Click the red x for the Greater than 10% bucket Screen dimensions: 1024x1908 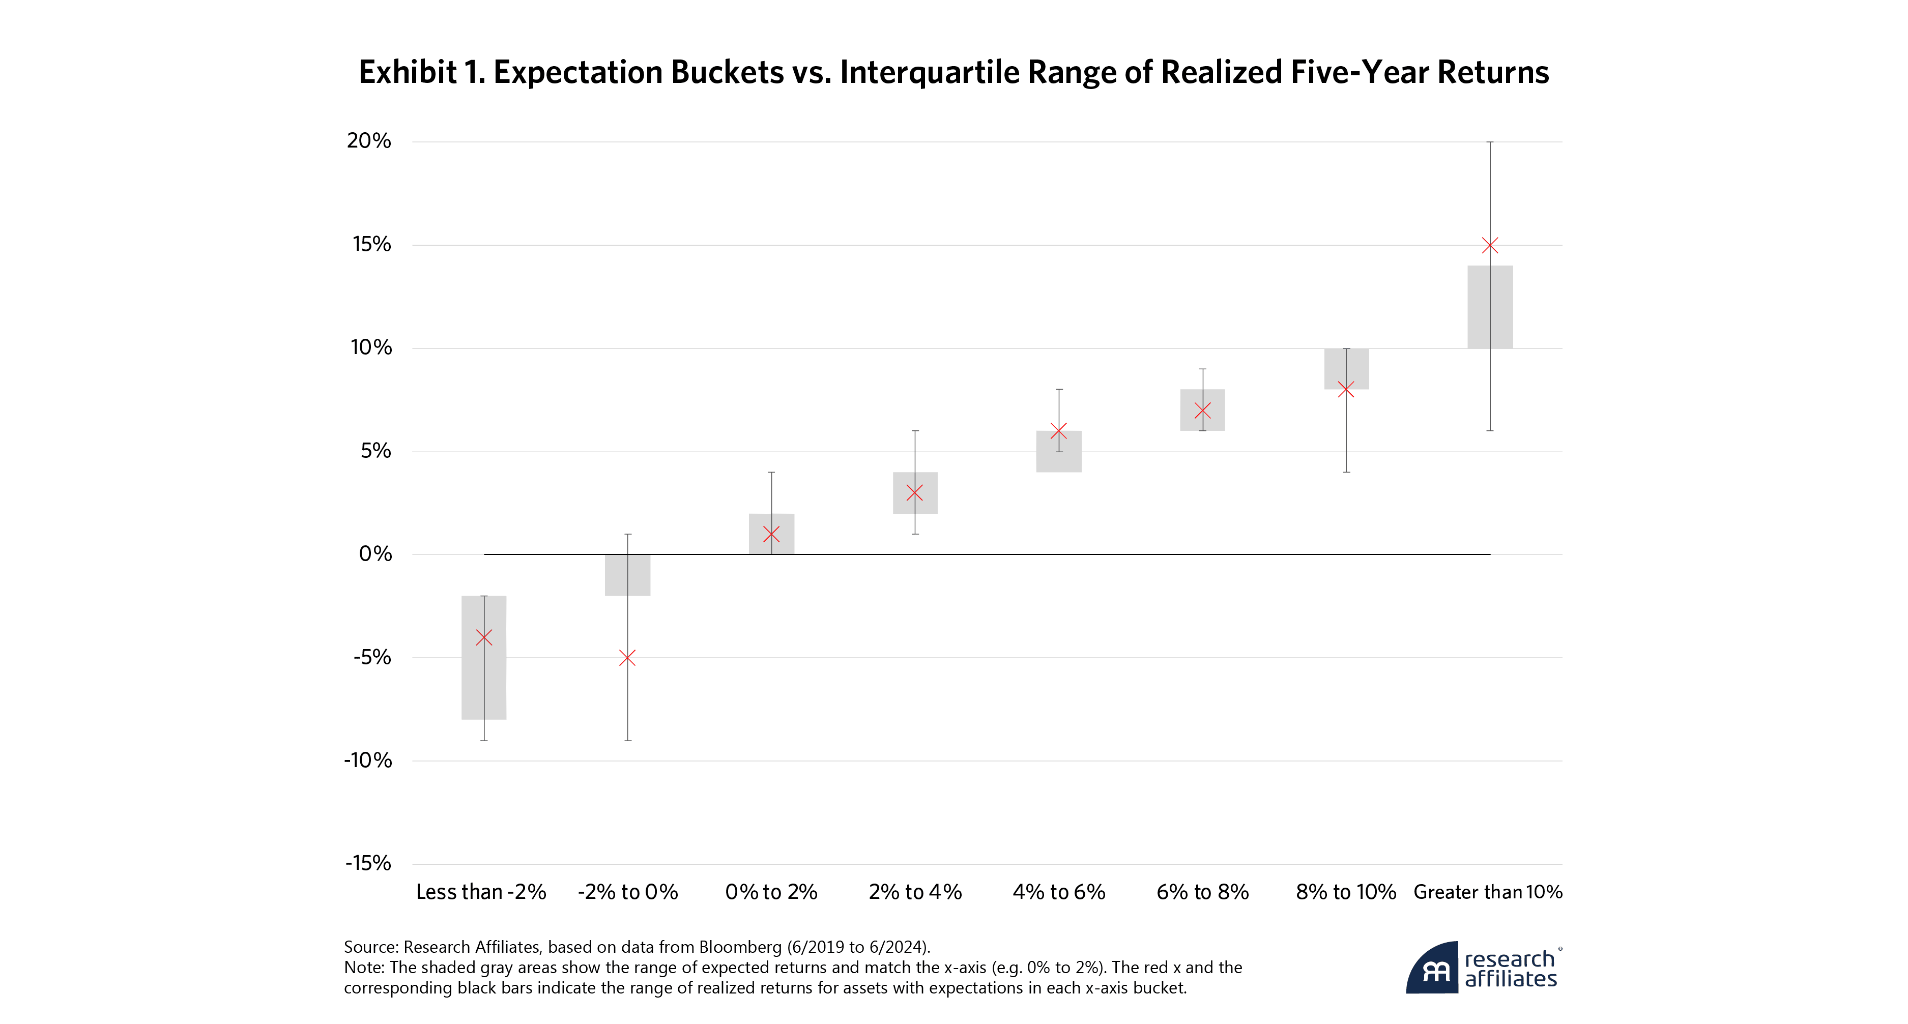1490,245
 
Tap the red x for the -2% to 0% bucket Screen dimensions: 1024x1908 627,658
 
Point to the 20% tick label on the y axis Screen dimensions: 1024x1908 368,141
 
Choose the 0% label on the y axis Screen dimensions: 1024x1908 375,554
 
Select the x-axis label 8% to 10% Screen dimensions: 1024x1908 1346,892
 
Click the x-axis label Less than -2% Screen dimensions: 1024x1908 481,892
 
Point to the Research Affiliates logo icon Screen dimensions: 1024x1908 1433,969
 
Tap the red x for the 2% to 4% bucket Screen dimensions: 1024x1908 915,492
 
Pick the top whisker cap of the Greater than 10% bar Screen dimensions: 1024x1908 1490,142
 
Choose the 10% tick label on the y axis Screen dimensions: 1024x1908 370,347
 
